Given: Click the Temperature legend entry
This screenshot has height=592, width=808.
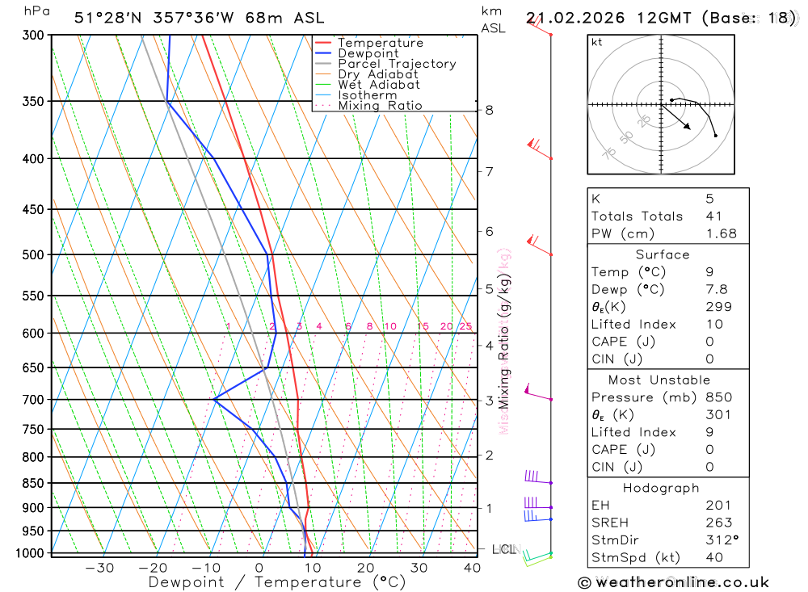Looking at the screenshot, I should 380,43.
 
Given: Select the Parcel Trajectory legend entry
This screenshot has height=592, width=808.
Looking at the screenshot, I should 397,64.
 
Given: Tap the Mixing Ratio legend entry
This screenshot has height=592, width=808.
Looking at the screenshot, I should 380,106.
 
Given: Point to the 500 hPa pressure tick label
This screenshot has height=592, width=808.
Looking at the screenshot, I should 34,255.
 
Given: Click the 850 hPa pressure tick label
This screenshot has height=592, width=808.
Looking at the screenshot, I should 34,484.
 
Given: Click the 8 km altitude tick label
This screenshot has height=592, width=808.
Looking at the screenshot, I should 489,110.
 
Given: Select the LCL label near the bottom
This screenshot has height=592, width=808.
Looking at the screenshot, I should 503,550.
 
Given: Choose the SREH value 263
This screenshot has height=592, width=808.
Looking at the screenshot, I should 718,523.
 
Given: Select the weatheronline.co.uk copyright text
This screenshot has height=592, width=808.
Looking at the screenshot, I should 673,582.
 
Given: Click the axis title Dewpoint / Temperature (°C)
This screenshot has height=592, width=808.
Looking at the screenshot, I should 276,582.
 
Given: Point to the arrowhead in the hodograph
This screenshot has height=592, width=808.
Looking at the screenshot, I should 688,128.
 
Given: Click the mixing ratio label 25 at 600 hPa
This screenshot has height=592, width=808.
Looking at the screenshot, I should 465,326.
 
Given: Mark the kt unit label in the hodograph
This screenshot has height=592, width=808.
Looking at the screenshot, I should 597,42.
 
